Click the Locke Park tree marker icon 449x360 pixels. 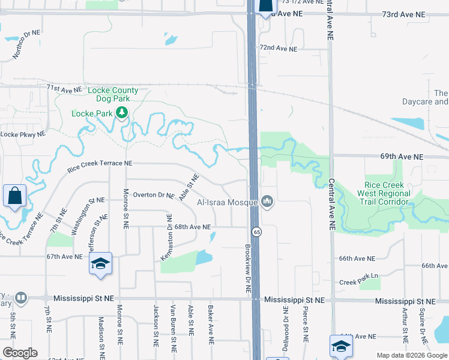[122, 112]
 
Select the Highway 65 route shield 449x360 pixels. [256, 232]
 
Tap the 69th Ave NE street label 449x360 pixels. [402, 157]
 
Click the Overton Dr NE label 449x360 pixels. [153, 195]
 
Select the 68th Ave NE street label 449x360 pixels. [192, 227]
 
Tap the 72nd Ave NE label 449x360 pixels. [279, 48]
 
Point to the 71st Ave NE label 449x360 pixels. [64, 89]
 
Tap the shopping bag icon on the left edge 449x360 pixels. [14, 196]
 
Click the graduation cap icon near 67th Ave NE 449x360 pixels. [101, 263]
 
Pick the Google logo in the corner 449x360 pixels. [19, 352]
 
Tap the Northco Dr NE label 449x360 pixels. [23, 47]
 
